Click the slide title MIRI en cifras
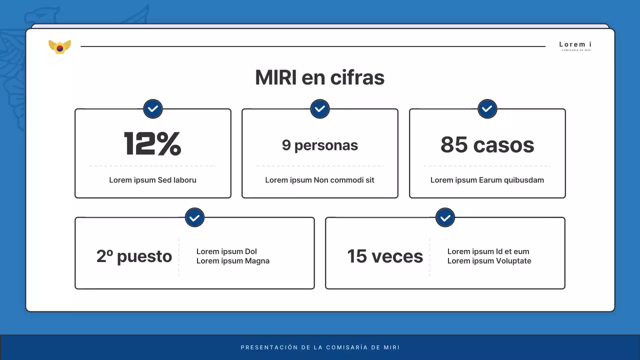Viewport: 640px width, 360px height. [x=319, y=77]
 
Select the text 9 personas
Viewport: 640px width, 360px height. [x=319, y=145]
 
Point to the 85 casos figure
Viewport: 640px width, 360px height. [x=487, y=145]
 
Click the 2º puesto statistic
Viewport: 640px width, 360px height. [x=134, y=256]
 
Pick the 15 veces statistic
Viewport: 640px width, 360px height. [x=385, y=256]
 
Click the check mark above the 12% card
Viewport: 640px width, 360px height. [x=153, y=108]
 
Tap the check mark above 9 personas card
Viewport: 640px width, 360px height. [x=320, y=108]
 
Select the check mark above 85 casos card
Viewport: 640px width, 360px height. [x=487, y=108]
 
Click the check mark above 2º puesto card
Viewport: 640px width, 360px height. [x=194, y=217]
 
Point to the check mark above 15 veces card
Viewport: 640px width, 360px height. [x=445, y=217]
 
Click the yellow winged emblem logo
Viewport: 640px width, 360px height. [x=59, y=47]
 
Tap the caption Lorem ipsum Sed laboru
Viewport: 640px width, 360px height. [x=152, y=180]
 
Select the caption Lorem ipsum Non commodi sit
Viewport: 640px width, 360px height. [x=319, y=180]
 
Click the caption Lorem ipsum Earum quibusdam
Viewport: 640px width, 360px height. [x=487, y=180]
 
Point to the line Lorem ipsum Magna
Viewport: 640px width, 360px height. [x=233, y=261]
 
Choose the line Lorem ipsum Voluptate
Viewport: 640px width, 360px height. [x=489, y=261]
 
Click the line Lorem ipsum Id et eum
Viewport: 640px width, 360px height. [x=488, y=251]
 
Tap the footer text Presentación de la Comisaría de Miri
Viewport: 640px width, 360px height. [x=320, y=347]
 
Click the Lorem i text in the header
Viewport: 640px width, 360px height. [x=575, y=44]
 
